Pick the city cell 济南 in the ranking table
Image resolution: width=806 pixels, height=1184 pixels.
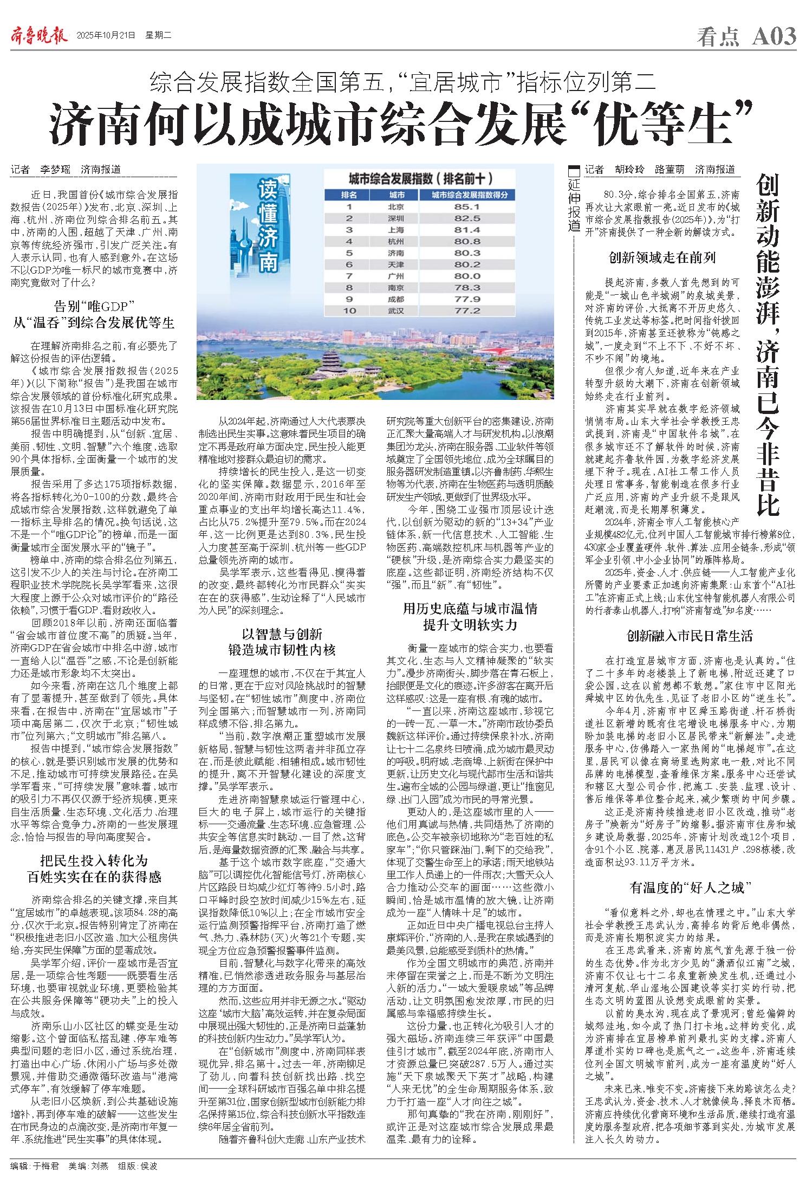(x=396, y=253)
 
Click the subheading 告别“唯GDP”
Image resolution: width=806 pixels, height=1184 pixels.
(x=94, y=303)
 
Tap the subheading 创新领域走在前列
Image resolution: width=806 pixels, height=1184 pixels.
(x=662, y=257)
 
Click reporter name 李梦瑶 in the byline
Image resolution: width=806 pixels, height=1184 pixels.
(x=55, y=169)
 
